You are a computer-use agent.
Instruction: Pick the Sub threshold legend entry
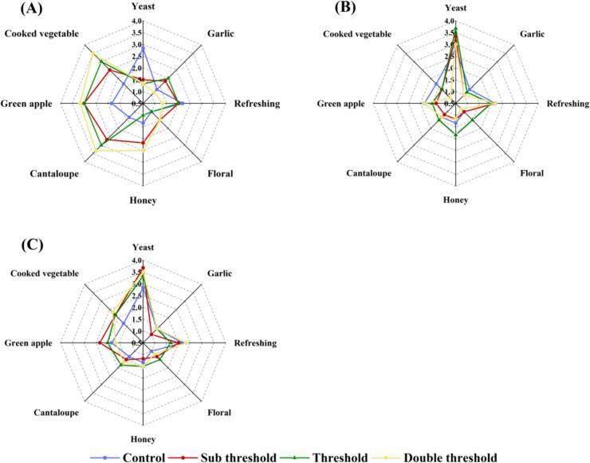pyautogui.click(x=236, y=457)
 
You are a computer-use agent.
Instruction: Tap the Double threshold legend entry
pyautogui.click(x=450, y=457)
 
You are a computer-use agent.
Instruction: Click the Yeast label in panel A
pyautogui.click(x=143, y=9)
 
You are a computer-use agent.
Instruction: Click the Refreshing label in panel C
pyautogui.click(x=254, y=343)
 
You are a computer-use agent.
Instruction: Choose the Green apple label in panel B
pyautogui.click(x=342, y=104)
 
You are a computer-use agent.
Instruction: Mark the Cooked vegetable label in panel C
pyautogui.click(x=45, y=273)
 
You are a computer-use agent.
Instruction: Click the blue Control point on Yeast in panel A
pyautogui.click(x=143, y=47)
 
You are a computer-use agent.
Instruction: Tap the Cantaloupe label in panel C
pyautogui.click(x=57, y=413)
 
